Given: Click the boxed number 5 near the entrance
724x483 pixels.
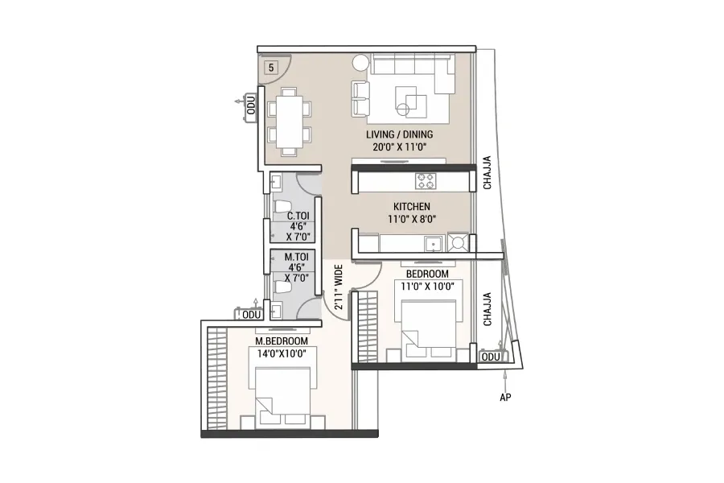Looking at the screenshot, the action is (271, 68).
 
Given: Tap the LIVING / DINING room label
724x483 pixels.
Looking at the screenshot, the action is (399, 134).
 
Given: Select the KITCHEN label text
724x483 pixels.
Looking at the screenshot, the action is (411, 207).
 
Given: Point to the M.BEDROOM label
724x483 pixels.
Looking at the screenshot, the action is (282, 341).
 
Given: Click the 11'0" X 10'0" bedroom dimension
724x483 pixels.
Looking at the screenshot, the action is (427, 286).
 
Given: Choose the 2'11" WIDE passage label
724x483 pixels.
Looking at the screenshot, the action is (339, 287).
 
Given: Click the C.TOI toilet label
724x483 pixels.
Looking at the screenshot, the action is (298, 216).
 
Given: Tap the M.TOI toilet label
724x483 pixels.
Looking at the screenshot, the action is (296, 257).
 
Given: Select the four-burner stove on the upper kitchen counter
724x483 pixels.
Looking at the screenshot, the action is (426, 180).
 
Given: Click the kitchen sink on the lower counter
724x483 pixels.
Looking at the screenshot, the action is (434, 244).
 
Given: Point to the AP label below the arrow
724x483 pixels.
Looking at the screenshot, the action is (505, 397).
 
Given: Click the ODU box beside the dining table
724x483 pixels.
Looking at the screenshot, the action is (251, 105).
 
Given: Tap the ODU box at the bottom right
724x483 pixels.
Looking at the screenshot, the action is (491, 357).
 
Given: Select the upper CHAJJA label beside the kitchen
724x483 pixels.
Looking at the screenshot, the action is (487, 172).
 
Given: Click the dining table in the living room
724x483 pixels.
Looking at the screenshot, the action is (289, 122).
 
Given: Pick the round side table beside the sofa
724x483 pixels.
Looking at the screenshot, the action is (360, 63).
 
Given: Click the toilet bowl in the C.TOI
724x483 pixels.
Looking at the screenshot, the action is (282, 206).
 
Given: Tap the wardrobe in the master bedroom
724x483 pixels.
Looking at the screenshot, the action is (217, 379).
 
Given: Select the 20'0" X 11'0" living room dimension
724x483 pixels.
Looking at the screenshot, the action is (399, 147).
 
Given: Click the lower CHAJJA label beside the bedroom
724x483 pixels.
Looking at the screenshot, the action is (487, 309).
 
